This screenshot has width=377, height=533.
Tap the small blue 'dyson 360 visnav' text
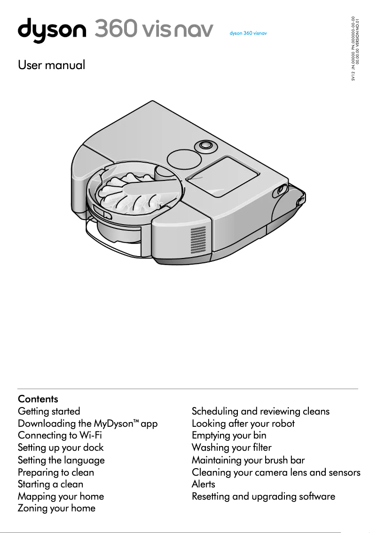point(248,34)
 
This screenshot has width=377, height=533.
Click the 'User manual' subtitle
point(52,65)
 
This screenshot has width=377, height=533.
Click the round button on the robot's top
point(205,145)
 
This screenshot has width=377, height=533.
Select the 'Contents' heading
point(38,399)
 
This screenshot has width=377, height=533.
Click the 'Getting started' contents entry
point(49,411)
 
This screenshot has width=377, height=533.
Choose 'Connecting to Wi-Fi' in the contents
point(60,435)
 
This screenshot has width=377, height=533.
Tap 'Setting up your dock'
point(61,447)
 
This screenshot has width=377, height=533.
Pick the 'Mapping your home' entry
point(61,496)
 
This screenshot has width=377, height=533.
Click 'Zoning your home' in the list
point(56,508)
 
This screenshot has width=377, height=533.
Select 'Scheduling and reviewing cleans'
point(260,411)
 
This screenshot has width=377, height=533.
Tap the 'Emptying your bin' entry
point(229,435)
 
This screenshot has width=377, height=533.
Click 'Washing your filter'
point(231,447)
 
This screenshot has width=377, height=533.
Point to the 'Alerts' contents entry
point(204,484)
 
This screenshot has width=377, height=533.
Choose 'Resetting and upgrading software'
point(263,496)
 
